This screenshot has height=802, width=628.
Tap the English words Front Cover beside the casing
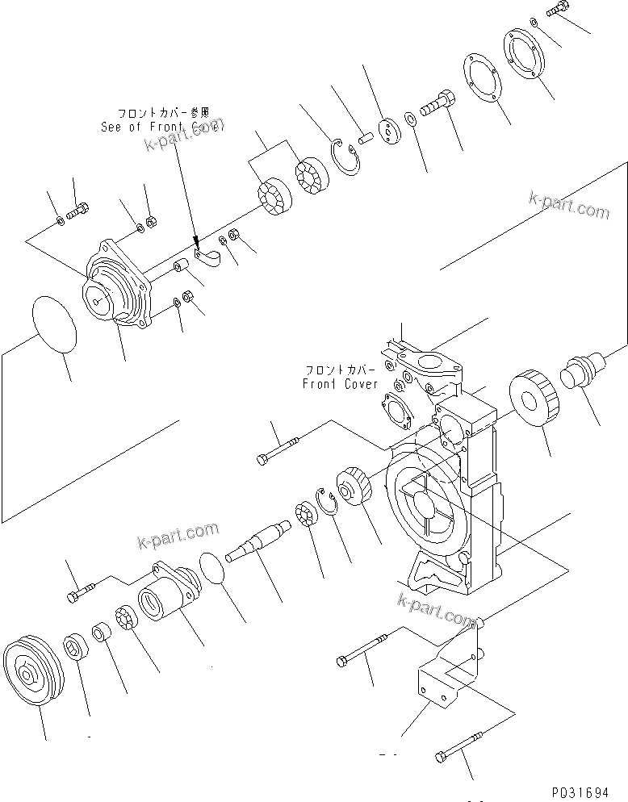(340, 383)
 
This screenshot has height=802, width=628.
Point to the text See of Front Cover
(161, 127)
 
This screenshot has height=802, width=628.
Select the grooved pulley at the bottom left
(31, 673)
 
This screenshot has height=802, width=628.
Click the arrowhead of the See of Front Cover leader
(196, 240)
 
